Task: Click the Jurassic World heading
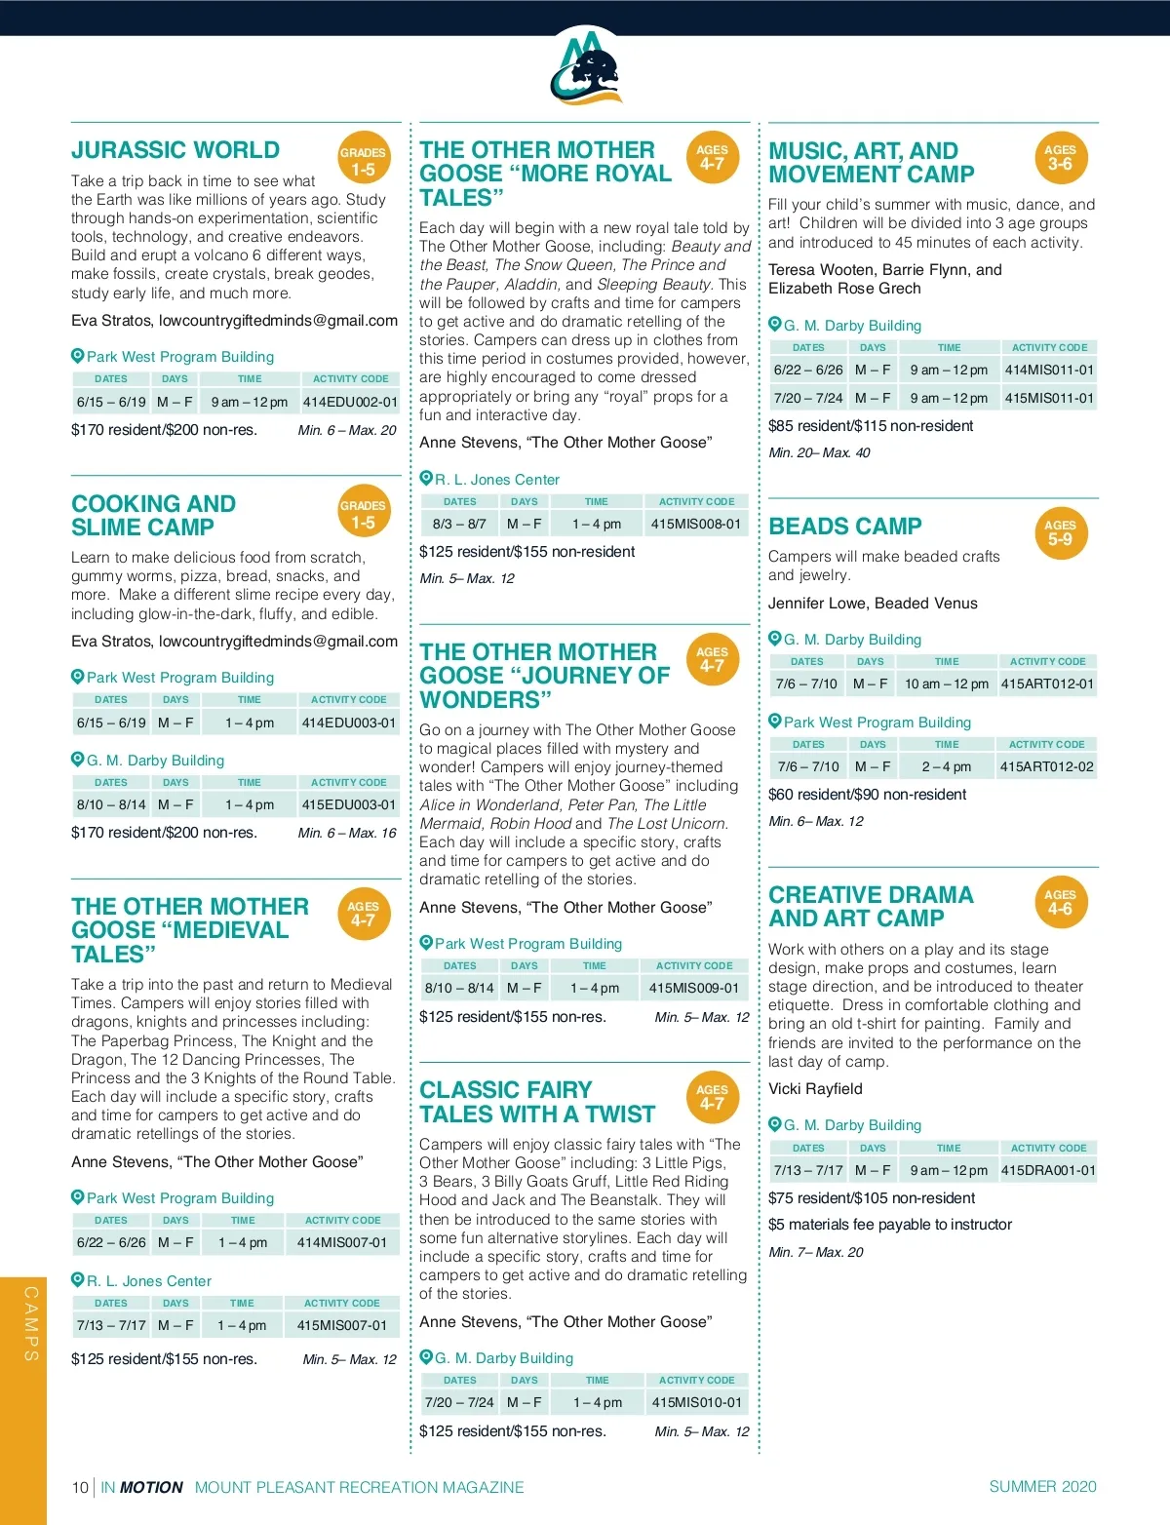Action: point(175,150)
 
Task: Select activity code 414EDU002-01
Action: point(350,402)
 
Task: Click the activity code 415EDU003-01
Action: point(349,805)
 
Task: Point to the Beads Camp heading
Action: point(844,527)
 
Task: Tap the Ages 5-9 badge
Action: point(1060,532)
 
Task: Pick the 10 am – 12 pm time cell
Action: point(946,684)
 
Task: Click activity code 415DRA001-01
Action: point(1048,1170)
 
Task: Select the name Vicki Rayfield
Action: point(815,1089)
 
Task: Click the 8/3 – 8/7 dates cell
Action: point(459,525)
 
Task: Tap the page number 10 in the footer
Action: point(80,1487)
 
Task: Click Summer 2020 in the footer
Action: point(1042,1486)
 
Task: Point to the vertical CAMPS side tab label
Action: point(31,1323)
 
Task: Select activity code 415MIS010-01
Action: point(696,1403)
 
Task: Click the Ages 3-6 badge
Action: point(1060,158)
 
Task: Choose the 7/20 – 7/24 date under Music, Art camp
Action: point(808,399)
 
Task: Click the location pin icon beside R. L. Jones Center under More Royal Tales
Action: point(426,479)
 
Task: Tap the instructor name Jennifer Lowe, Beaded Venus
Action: point(873,604)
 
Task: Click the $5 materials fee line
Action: point(889,1225)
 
